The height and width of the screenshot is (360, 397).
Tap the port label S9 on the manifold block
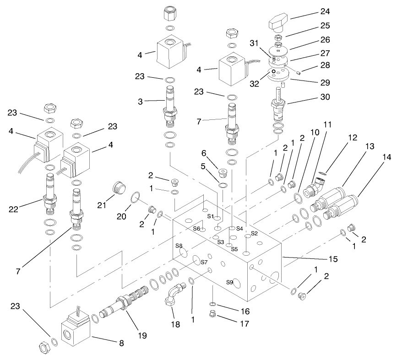[230, 282]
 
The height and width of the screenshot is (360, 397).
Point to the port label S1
[211, 215]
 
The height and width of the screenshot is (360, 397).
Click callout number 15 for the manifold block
[333, 259]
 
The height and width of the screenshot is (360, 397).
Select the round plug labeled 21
[119, 188]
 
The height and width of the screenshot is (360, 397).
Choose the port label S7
[204, 262]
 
